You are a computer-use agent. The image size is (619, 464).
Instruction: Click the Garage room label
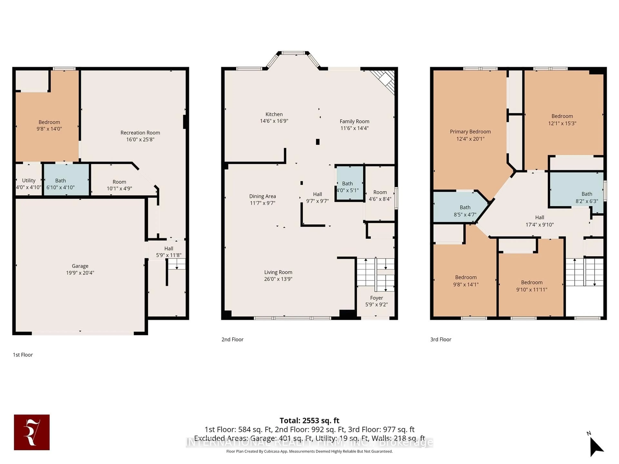tap(80, 266)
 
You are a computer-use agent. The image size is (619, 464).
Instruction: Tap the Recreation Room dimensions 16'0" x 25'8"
tap(140, 139)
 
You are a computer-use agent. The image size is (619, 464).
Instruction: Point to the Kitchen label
tap(274, 114)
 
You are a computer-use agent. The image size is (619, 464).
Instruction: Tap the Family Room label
tap(354, 121)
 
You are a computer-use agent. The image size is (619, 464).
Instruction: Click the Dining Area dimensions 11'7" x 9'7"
tap(262, 203)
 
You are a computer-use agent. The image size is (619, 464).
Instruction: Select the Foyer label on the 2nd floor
tap(376, 298)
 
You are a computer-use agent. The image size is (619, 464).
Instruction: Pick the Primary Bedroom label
tap(470, 131)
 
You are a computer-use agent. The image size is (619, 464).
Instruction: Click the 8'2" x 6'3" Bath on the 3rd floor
tap(587, 197)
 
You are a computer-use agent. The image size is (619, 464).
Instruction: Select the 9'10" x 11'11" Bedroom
tap(531, 286)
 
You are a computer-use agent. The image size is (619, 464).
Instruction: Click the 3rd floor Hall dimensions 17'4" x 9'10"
tap(540, 225)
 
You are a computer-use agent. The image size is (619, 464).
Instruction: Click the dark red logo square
tap(32, 432)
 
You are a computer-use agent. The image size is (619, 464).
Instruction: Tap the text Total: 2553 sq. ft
tap(309, 420)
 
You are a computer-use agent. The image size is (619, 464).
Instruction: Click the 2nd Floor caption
tap(232, 339)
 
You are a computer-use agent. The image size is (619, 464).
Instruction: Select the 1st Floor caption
tap(23, 355)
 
